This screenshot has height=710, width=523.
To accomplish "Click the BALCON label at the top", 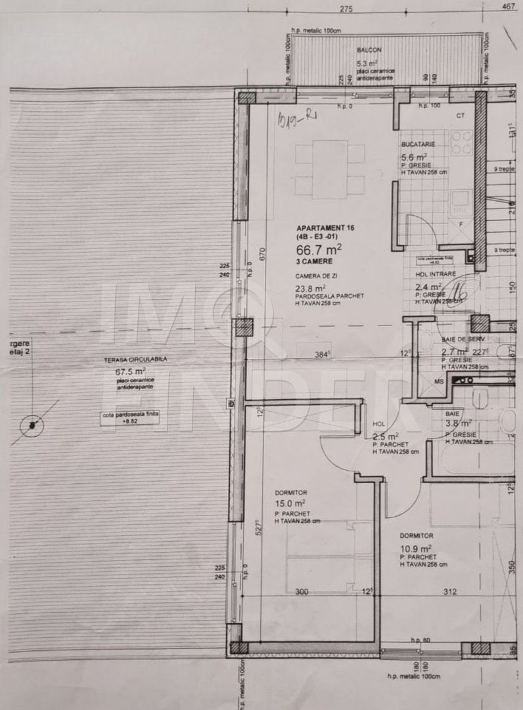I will [x=369, y=50].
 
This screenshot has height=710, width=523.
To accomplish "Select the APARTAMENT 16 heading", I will [x=325, y=227].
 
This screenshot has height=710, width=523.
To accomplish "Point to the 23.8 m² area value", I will [x=311, y=288].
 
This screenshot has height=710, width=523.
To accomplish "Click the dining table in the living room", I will [x=329, y=170].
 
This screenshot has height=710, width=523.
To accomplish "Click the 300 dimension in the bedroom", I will [x=302, y=592].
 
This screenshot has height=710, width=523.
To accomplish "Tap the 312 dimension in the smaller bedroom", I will [x=449, y=592].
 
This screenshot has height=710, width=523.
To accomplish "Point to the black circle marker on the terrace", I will [x=31, y=425].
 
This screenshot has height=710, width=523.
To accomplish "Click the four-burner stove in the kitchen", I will [x=461, y=142].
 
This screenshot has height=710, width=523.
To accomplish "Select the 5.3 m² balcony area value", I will [x=367, y=63].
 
